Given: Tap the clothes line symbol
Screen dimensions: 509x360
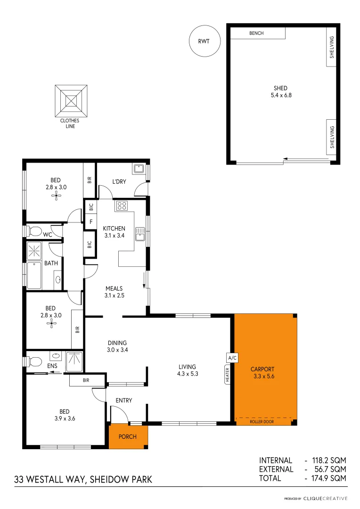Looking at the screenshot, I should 71,101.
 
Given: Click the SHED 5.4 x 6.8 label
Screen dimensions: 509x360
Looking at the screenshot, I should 280,91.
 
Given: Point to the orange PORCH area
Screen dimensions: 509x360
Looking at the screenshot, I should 128,437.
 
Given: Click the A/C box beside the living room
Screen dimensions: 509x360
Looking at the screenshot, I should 232,358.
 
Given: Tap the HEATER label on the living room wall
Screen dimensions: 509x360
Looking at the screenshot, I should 227,375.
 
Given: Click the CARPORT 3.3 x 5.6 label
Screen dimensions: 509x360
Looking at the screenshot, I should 262,373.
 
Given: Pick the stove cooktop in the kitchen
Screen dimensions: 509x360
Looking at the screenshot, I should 122,205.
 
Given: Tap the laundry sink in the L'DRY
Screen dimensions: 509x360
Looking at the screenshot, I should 139,169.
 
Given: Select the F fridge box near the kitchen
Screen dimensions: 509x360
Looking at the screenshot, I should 90,222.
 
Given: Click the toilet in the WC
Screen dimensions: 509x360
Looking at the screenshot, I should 34,231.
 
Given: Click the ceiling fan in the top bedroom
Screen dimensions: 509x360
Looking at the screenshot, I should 57,194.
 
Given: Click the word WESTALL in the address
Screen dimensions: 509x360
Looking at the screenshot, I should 47,480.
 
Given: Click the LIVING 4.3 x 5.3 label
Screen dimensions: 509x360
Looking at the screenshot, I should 187,370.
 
